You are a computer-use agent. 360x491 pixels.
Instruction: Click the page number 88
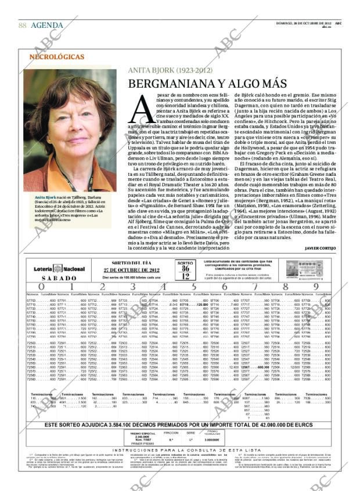[22, 25]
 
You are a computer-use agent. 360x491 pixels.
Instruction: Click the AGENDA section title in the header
[48, 25]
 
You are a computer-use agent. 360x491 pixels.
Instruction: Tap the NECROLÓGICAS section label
[56, 57]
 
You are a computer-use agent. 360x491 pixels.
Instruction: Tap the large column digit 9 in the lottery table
[316, 286]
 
